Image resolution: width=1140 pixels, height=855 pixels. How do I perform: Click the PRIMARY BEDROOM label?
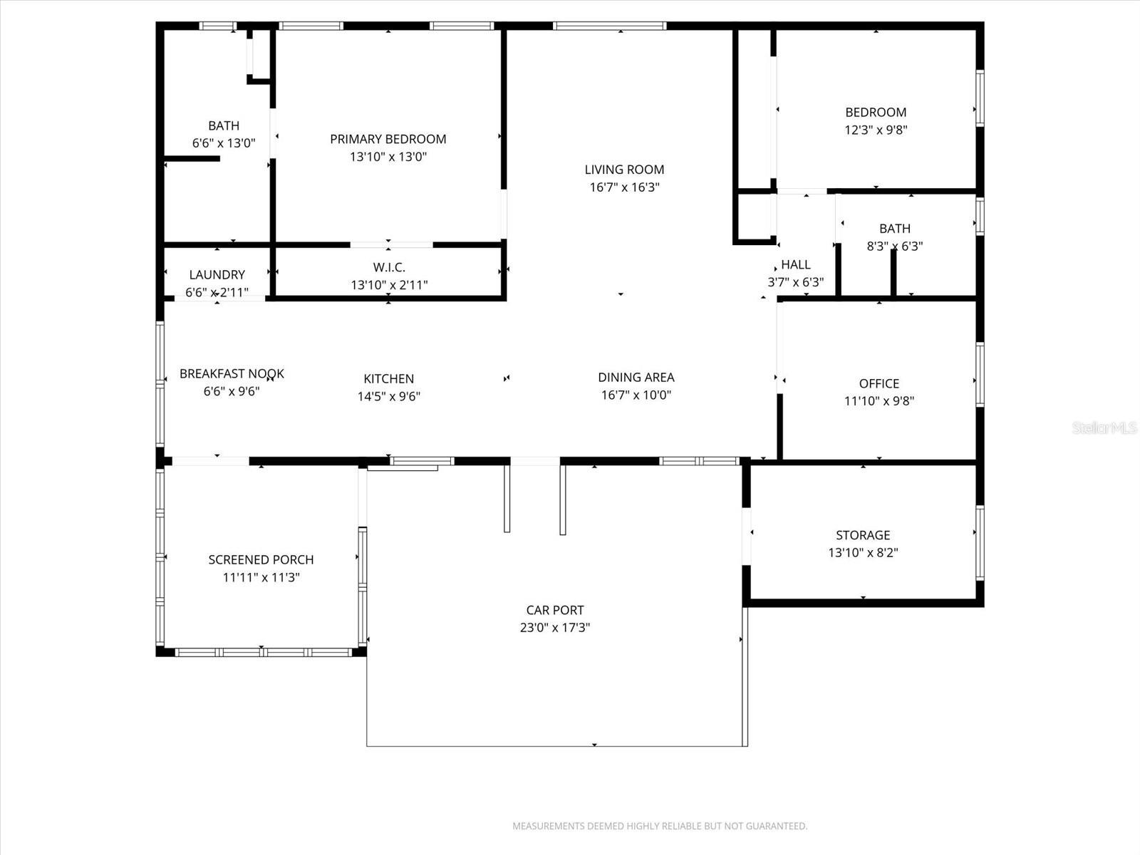pos(388,139)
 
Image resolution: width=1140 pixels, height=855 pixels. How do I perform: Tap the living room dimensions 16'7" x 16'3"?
pos(624,187)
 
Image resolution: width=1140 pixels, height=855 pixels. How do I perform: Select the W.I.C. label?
pos(389,267)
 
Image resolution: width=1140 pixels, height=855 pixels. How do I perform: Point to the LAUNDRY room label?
pos(217,274)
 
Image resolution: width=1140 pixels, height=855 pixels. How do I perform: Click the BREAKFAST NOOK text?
pos(232,373)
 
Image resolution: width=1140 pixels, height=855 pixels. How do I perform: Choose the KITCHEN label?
pos(388,378)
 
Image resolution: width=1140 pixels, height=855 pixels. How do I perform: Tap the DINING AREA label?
pos(636,377)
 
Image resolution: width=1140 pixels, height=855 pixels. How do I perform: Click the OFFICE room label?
pos(879,383)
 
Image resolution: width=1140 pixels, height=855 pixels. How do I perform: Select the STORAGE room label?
pos(863,534)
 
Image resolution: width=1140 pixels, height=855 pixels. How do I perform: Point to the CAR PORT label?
pos(554,610)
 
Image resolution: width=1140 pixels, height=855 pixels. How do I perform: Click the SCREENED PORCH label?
pos(261,559)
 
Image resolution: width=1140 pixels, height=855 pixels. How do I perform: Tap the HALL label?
pos(795,264)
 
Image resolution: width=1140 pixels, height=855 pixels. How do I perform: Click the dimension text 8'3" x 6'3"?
pos(894,247)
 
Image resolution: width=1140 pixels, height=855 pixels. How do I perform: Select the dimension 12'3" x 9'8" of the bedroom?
pos(876,130)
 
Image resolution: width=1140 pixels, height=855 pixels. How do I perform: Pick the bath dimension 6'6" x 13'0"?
pos(223,143)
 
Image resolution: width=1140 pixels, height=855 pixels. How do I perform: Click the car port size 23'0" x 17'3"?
pos(554,628)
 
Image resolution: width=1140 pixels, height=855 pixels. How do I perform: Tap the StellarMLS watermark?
pos(1104,428)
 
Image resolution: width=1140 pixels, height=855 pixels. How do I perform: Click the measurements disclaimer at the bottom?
pos(660,826)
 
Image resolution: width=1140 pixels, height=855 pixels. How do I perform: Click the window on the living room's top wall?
pos(610,26)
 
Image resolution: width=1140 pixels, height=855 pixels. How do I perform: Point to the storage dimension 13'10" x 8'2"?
pos(863,552)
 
